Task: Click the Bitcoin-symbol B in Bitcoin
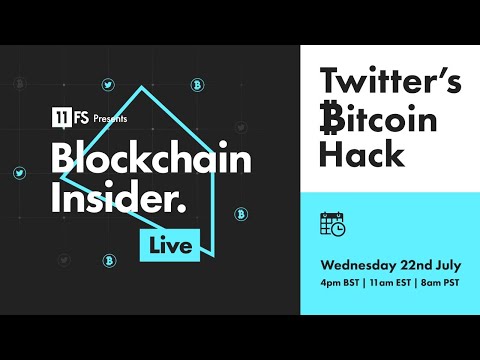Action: [x=331, y=120]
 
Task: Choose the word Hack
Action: [x=363, y=154]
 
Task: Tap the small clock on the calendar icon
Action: [x=339, y=229]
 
